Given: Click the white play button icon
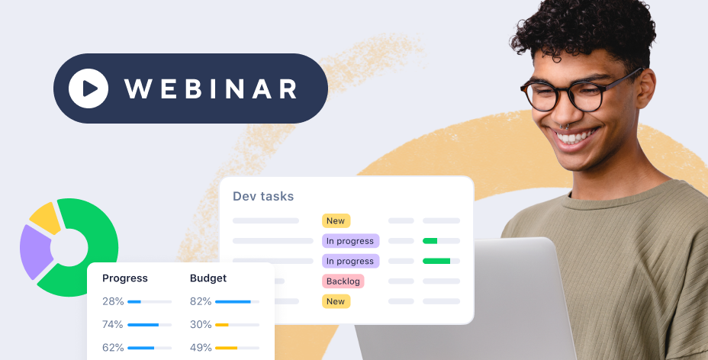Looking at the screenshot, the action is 88,88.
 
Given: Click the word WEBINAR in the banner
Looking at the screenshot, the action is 211,89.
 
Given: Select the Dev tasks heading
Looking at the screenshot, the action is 263,196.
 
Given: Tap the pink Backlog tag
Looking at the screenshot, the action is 343,281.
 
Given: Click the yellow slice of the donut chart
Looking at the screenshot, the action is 46,217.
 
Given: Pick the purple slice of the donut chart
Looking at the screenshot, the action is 35,251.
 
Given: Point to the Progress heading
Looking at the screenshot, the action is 125,278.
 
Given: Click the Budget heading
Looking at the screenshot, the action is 208,278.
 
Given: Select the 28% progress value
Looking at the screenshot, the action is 113,301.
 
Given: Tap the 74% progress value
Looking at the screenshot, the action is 113,324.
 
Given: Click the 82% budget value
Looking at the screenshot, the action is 201,301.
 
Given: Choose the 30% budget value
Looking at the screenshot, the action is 201,324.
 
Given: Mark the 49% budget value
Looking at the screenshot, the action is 201,348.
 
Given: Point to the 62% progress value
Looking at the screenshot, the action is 113,348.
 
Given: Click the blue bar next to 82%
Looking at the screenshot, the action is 233,301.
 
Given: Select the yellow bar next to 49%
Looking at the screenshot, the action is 227,348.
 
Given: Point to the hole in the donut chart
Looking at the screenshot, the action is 69,247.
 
